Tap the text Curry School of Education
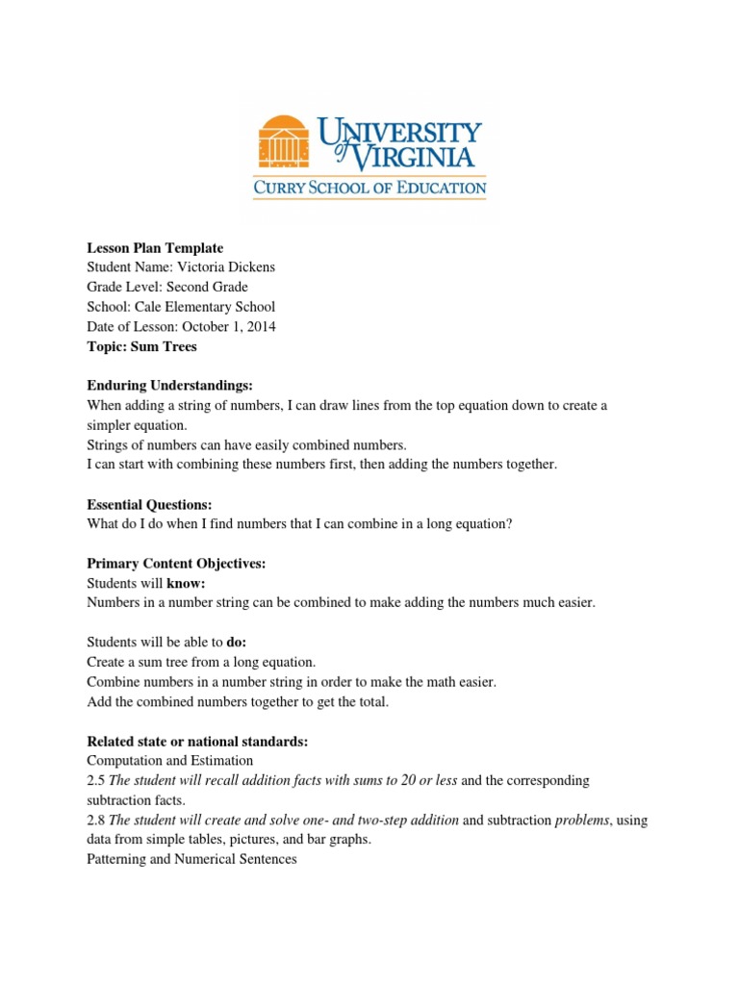[x=369, y=188]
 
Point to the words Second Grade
[x=208, y=287]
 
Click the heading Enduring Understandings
[x=169, y=386]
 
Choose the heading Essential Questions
[x=149, y=504]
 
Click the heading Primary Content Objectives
[x=176, y=564]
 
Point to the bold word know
[x=187, y=583]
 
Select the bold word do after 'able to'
[x=237, y=643]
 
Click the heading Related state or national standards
[x=196, y=741]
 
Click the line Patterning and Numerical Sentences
[x=191, y=859]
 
